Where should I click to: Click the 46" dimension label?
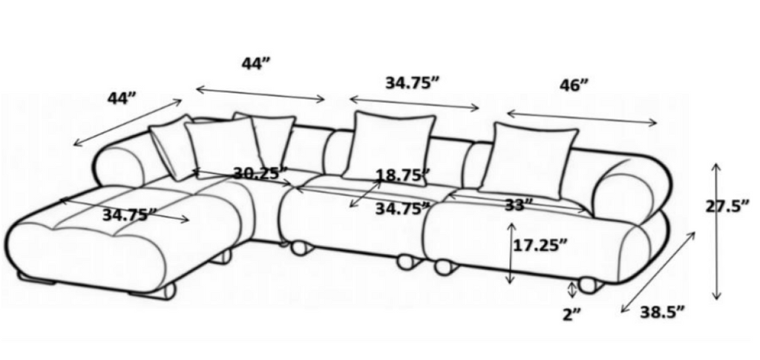(574, 86)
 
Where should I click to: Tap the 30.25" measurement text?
(261, 173)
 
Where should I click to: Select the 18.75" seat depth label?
(403, 174)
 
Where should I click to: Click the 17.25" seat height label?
(540, 246)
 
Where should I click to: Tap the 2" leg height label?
(571, 315)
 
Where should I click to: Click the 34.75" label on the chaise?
(129, 215)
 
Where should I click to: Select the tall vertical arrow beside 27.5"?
(716, 232)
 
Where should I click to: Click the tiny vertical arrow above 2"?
(572, 290)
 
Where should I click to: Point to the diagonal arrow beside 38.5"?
(658, 272)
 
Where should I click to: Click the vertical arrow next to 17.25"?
(509, 253)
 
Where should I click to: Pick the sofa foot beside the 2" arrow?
(590, 284)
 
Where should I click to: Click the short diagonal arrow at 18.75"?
(365, 194)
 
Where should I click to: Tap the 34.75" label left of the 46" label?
(412, 83)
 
